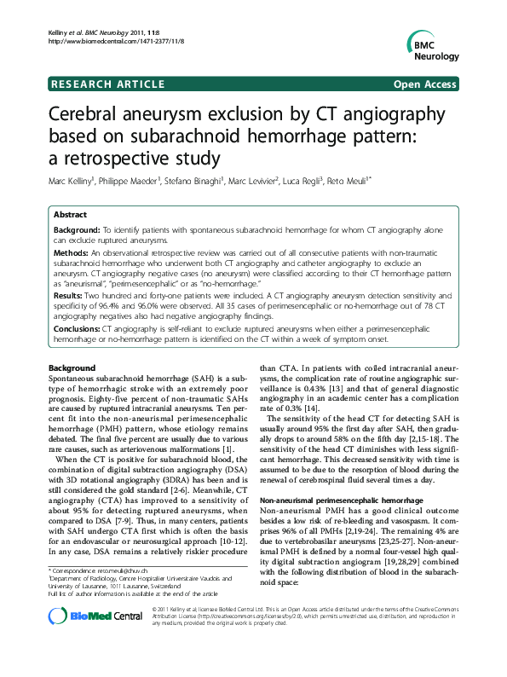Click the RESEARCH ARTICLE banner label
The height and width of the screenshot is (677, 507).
pyautogui.click(x=108, y=84)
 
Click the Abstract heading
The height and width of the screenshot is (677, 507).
pyautogui.click(x=72, y=216)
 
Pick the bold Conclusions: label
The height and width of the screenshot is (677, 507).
pyautogui.click(x=78, y=328)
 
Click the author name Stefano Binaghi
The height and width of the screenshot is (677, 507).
pyautogui.click(x=207, y=182)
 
